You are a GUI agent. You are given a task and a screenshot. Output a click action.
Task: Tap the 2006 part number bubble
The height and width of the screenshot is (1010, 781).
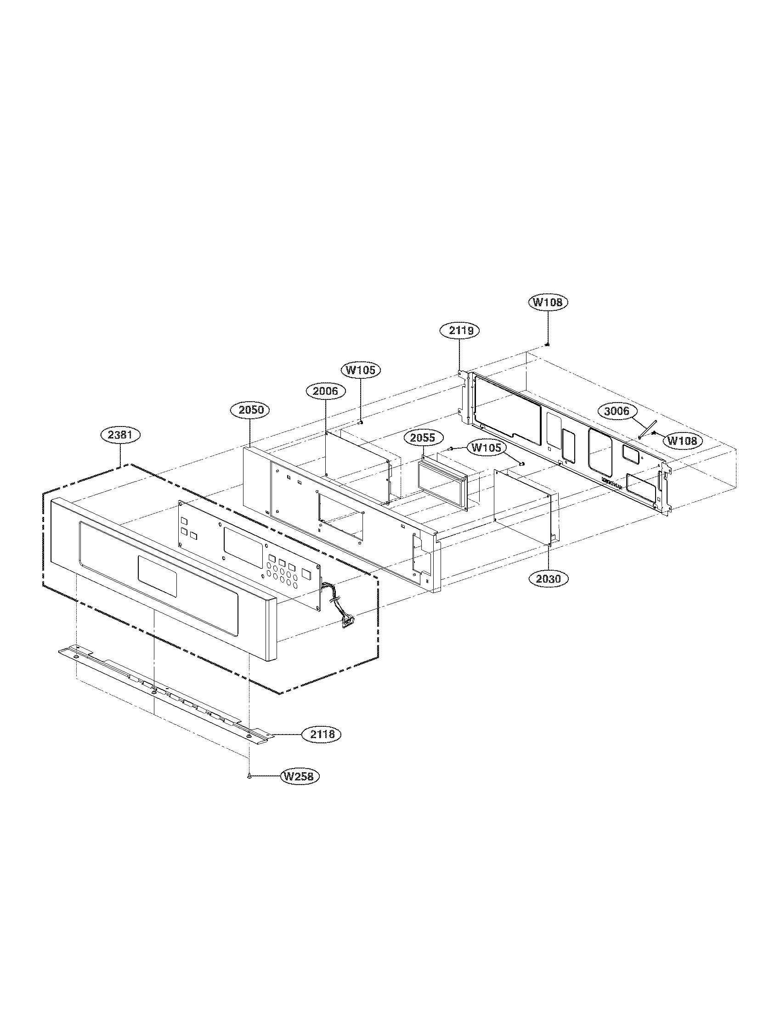click(326, 391)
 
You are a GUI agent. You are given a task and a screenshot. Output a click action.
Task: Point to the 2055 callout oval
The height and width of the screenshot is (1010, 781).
click(423, 437)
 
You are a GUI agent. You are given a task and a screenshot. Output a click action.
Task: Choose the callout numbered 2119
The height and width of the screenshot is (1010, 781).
click(458, 331)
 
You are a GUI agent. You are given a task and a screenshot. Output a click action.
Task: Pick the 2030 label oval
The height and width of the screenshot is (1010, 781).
click(549, 578)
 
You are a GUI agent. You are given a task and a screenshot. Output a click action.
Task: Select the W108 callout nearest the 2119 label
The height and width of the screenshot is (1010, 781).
click(548, 303)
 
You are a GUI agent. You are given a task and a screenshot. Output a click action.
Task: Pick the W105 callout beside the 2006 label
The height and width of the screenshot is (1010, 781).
click(361, 370)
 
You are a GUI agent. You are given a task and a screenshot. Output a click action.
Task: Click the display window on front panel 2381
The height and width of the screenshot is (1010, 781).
click(157, 575)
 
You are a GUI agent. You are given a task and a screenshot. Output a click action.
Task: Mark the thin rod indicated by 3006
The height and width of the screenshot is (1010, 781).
click(647, 428)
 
